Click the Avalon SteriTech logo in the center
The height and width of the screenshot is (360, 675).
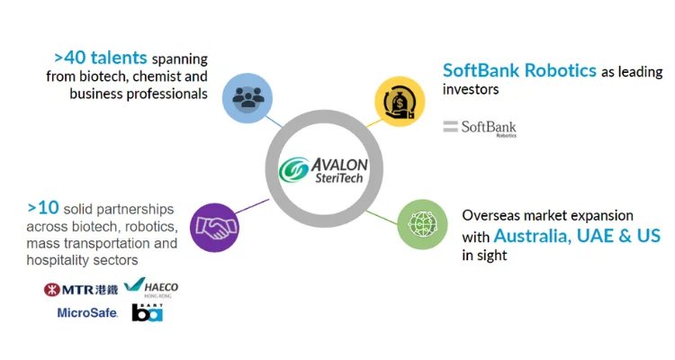point(320,168)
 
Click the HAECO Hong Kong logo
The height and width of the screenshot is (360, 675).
point(153,288)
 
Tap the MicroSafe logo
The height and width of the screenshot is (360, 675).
point(87,313)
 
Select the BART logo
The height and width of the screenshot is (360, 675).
point(147,312)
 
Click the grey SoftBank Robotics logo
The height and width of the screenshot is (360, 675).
point(480,128)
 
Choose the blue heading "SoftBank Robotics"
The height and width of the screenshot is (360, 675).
point(519,70)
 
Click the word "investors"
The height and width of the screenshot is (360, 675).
point(470,90)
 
